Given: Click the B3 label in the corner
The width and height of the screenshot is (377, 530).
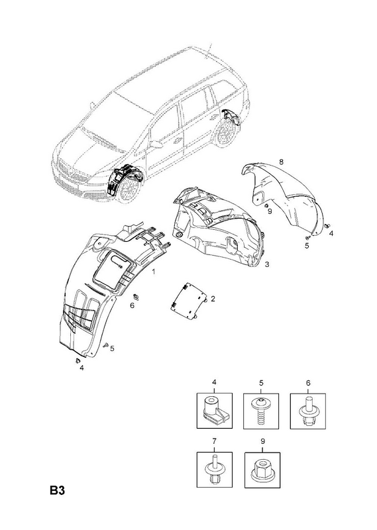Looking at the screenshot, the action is click(x=57, y=490).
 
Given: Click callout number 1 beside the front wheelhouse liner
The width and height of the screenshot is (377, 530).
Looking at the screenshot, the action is click(x=154, y=272).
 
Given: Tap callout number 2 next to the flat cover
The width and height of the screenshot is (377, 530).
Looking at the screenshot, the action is click(x=213, y=299).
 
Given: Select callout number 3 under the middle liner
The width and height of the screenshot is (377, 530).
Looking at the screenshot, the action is click(x=267, y=264).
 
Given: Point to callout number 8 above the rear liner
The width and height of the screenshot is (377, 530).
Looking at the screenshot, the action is click(x=281, y=162).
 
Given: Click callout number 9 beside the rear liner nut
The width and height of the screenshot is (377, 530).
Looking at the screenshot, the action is click(x=270, y=211).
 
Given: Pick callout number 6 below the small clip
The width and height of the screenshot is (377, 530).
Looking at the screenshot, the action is click(x=133, y=305).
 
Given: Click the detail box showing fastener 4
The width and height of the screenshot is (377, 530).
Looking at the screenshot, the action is click(x=215, y=411).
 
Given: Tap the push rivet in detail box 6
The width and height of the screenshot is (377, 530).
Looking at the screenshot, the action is click(x=307, y=411).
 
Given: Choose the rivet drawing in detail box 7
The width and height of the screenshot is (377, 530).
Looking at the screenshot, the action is click(x=215, y=470).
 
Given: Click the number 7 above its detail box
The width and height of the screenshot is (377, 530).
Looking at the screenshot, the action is click(x=215, y=441).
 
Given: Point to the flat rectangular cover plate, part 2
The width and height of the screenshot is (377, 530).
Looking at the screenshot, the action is click(x=189, y=299).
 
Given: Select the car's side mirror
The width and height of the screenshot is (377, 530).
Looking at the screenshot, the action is click(x=156, y=144).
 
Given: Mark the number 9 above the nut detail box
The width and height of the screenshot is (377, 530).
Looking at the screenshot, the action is click(x=263, y=441).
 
